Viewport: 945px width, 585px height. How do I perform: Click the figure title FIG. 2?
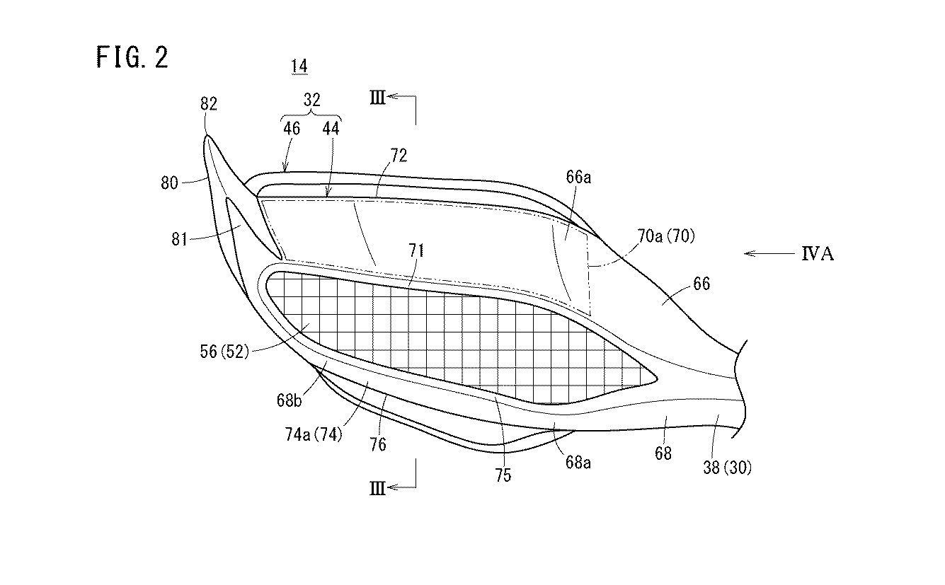(132, 57)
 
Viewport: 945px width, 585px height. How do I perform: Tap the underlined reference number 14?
(299, 67)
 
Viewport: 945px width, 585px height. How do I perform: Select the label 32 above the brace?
(311, 100)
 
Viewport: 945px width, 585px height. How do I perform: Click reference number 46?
(292, 129)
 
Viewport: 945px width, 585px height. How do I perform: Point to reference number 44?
(331, 129)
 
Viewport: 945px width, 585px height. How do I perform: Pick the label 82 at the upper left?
(209, 104)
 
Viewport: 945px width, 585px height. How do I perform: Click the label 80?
(169, 183)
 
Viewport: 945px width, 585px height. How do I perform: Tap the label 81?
(179, 239)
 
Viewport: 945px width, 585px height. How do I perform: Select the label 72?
(399, 156)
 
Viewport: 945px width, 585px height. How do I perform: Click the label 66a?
(578, 178)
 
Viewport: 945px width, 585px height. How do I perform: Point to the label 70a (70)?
(666, 236)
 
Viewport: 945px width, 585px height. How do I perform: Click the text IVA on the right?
(818, 254)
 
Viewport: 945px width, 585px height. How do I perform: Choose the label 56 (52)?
(224, 351)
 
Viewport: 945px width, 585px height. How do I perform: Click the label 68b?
(289, 400)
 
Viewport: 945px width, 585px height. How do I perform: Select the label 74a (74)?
(314, 434)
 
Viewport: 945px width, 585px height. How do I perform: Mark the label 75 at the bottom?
(503, 475)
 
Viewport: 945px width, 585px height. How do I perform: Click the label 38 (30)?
(727, 468)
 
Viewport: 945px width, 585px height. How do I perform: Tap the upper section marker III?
(377, 98)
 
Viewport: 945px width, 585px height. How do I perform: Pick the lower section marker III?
(377, 489)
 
